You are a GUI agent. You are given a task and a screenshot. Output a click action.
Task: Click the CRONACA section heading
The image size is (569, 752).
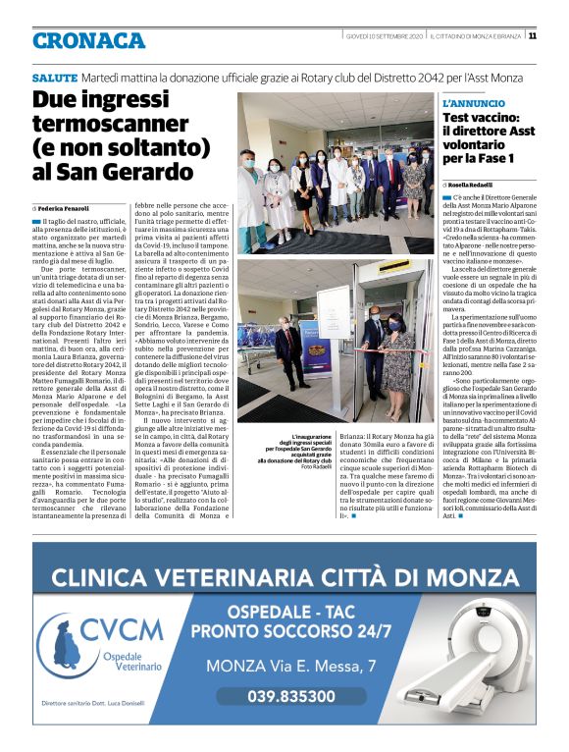(x=88, y=41)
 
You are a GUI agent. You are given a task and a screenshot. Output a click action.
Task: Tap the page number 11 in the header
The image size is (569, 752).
(x=532, y=36)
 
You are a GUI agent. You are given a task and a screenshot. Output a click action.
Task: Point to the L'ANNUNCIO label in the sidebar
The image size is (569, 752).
(x=474, y=103)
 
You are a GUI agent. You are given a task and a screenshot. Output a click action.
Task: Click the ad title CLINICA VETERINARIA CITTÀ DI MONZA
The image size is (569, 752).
(x=284, y=576)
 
